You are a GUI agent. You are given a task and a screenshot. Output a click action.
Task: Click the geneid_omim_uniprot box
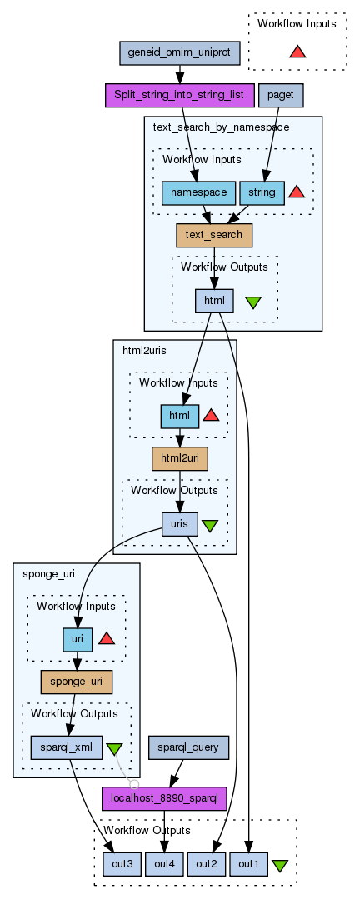pos(179,52)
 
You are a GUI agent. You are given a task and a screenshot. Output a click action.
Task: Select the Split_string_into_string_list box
pos(179,95)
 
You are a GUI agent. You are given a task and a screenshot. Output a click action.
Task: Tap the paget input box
pos(281,95)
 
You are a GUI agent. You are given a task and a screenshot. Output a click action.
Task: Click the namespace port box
pos(198,192)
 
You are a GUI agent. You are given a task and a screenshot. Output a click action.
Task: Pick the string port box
pos(262,192)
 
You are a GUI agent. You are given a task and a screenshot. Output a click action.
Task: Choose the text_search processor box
pos(214,235)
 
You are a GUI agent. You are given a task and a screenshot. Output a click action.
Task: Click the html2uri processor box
pos(179,459)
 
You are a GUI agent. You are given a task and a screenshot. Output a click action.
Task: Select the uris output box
pos(179,524)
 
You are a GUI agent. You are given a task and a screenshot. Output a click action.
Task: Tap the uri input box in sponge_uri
pos(77,640)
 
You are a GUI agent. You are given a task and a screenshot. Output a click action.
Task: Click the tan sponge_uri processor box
pos(76,682)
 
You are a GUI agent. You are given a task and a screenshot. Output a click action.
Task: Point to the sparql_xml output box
pos(66,747)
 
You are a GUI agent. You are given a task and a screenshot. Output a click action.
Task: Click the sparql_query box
pos(188,747)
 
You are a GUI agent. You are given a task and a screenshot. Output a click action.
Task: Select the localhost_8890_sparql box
pos(164,799)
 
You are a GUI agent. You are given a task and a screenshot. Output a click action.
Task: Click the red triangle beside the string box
pos(297,192)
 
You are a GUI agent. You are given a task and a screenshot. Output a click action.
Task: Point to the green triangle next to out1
pos(280,865)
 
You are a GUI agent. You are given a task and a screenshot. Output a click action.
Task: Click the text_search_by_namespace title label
pos(222,127)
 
